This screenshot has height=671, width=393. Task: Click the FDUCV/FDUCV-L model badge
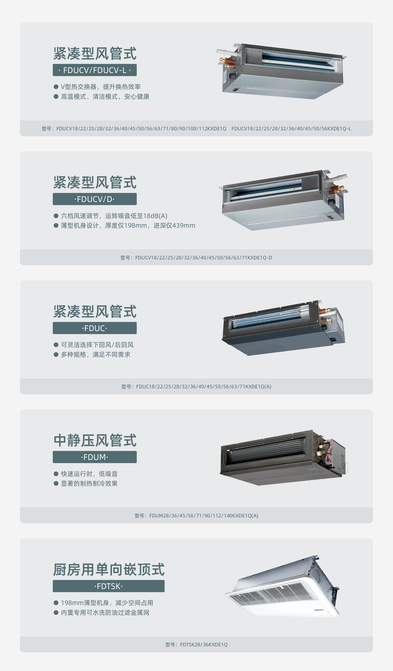pos(94,70)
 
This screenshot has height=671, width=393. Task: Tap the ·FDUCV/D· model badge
pos(94,199)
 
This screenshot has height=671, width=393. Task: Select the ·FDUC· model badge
pos(94,328)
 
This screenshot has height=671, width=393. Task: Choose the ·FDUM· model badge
pos(94,457)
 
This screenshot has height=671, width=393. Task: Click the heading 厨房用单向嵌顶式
pos(109,570)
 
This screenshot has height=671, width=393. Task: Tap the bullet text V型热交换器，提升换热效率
pos(101,87)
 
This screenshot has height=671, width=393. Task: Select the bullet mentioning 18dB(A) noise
pos(114,216)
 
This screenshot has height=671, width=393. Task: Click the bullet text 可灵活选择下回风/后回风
pos(97,345)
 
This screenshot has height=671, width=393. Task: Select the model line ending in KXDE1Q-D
pos(196,257)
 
